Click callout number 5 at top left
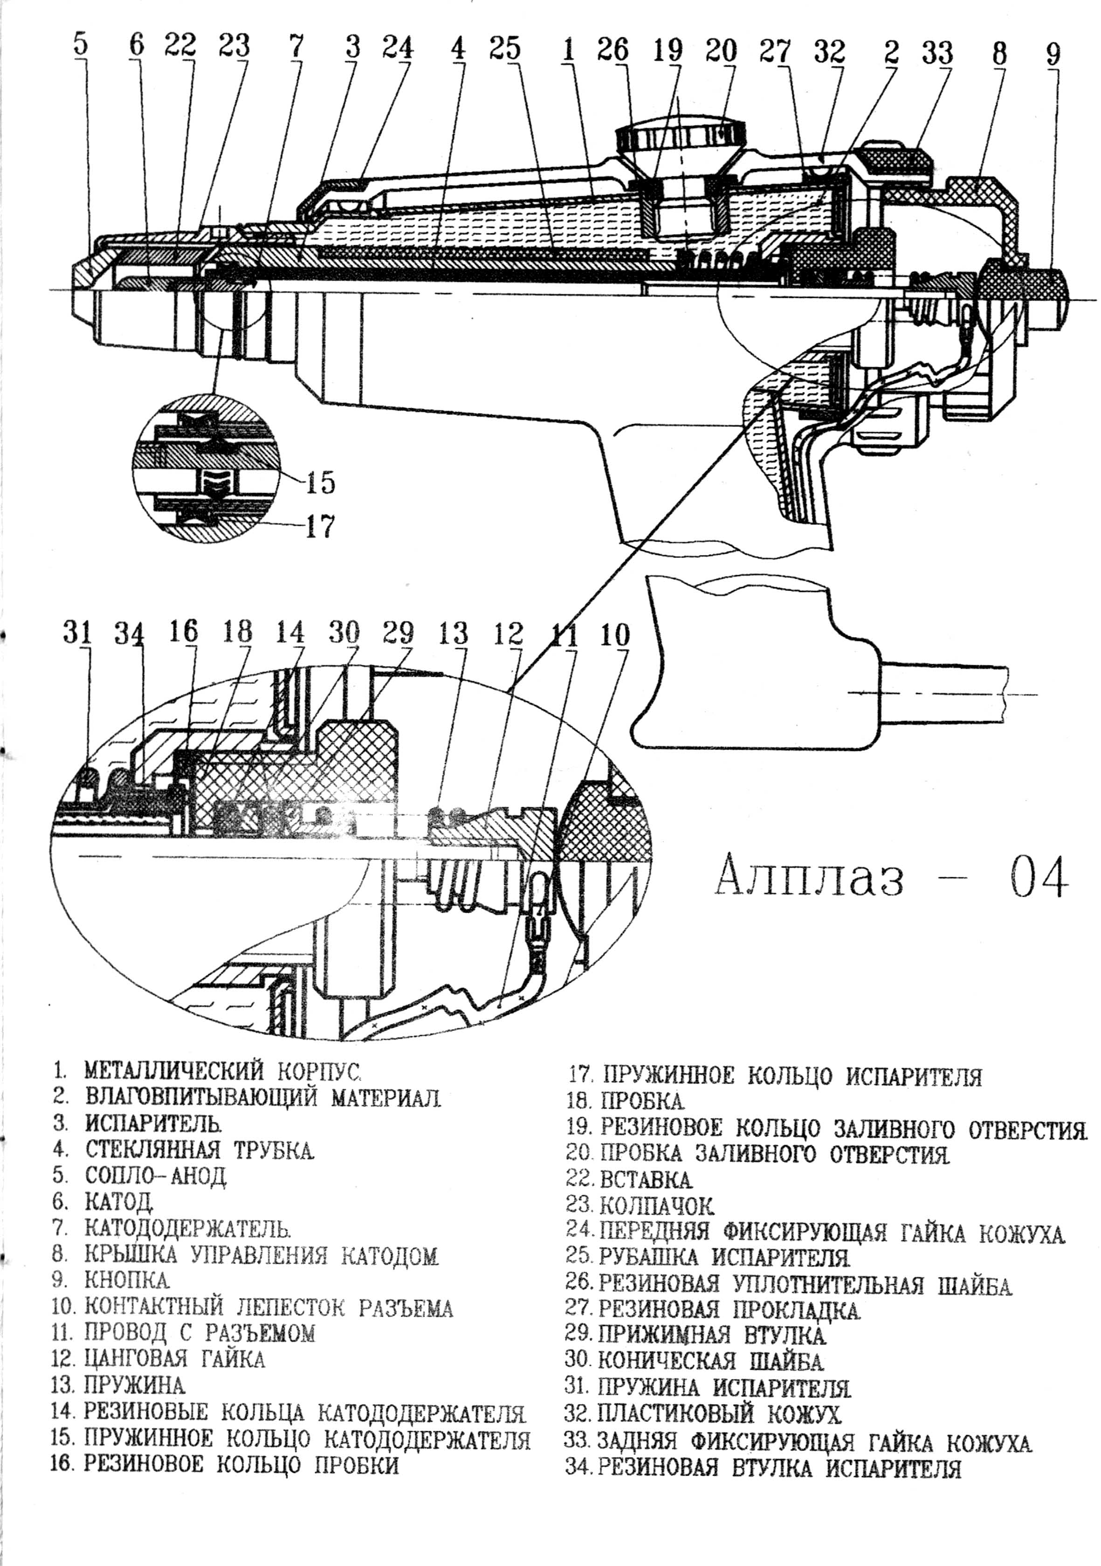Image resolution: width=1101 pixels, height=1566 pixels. (81, 45)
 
